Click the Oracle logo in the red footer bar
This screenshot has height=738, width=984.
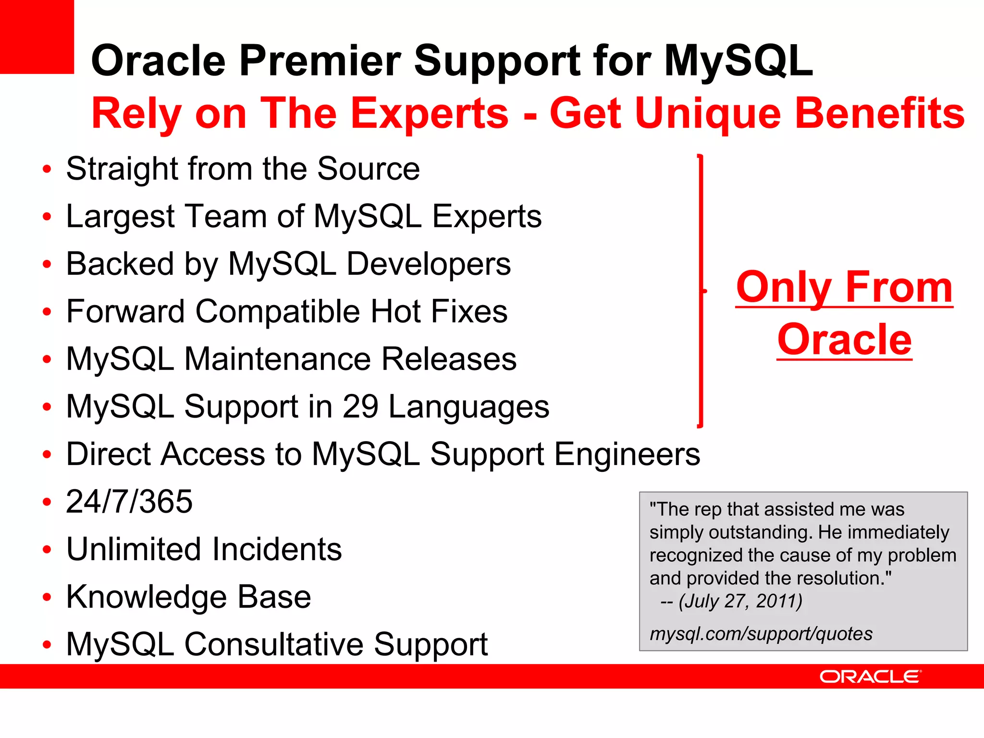click(x=870, y=676)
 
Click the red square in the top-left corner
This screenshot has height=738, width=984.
click(x=37, y=37)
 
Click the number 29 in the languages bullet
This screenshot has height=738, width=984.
click(x=360, y=407)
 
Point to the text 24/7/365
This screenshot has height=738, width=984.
click(x=129, y=502)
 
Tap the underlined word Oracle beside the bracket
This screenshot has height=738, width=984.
click(x=844, y=340)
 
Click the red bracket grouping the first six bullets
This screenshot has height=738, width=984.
click(x=701, y=291)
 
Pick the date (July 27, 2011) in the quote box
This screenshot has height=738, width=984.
click(x=740, y=601)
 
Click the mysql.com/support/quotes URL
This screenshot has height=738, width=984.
click(x=761, y=634)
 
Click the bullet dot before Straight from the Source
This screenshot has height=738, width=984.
click(x=47, y=170)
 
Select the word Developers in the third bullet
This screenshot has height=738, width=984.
click(x=429, y=264)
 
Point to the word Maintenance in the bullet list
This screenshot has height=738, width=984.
click(x=278, y=359)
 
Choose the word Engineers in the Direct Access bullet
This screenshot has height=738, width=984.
click(x=627, y=455)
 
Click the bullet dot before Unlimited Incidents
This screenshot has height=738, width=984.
click(x=47, y=550)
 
